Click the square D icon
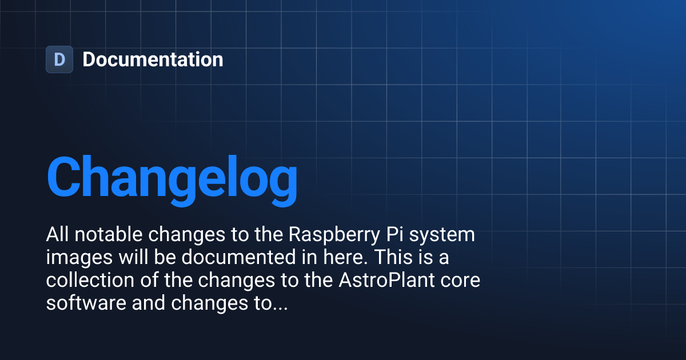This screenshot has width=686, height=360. [59, 59]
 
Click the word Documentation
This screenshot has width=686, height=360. [153, 59]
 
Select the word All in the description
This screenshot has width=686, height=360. [57, 234]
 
